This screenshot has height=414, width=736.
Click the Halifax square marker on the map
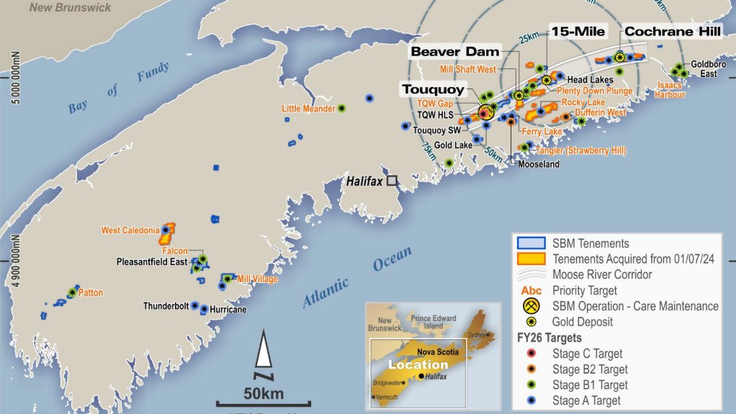[391, 181]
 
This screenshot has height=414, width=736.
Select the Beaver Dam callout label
[454, 52]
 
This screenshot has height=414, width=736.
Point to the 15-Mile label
[578, 31]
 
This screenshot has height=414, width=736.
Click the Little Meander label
[308, 109]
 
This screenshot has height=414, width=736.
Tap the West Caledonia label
[130, 230]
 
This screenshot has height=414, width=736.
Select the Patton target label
[91, 293]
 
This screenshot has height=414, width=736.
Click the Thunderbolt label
[166, 306]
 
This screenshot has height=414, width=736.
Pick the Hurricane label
[228, 310]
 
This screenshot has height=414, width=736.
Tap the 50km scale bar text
[264, 394]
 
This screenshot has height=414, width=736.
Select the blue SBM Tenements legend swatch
[531, 243]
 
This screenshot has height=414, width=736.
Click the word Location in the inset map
[418, 364]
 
